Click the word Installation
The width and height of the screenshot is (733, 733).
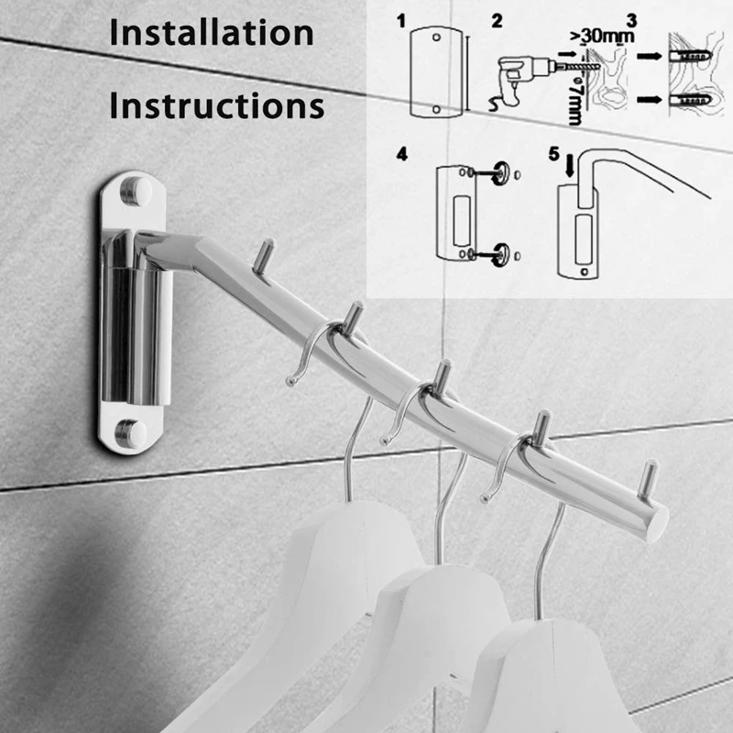212,33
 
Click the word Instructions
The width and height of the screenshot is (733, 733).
217,105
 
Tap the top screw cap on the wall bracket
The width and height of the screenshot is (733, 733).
136,191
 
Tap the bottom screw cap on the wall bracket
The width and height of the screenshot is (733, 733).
131,433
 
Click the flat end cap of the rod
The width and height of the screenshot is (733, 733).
658,524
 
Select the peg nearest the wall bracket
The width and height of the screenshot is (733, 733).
264,257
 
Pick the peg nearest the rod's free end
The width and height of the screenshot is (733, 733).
649,479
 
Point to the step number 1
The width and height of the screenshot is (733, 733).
401,21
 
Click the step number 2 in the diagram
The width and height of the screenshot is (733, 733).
497,21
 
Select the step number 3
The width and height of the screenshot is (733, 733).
631,20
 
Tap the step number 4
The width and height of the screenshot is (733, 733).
402,154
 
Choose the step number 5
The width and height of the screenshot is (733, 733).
554,153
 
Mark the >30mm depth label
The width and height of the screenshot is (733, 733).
602,36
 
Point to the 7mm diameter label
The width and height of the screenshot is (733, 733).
575,101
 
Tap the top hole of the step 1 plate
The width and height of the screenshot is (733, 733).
436,37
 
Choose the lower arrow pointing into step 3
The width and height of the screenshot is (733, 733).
650,99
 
